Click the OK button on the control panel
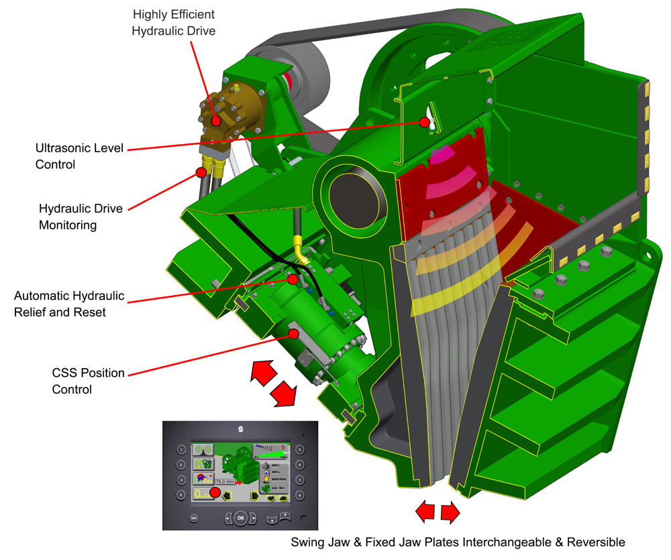[241, 517]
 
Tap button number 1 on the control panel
[180, 449]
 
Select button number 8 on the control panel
[300, 495]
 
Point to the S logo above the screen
[240, 429]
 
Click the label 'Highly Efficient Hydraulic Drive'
[174, 22]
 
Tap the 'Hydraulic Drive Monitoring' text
[81, 217]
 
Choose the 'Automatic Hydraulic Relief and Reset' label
[69, 304]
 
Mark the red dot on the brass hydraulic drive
[216, 121]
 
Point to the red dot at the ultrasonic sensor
[424, 122]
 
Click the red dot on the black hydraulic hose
[201, 172]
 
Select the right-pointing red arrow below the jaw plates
[450, 513]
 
